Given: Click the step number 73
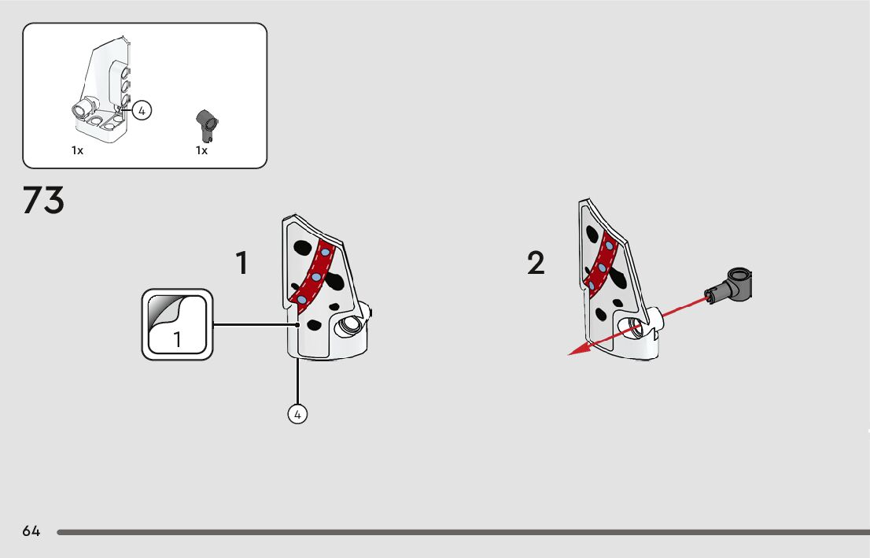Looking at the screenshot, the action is coord(43,201).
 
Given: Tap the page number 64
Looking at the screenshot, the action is coord(31,531).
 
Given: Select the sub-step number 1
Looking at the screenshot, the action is coord(242,263).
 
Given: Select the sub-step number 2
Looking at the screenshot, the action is coord(536,264).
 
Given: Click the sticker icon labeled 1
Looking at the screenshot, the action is coord(177,324).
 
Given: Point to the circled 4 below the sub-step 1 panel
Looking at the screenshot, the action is coord(297,414).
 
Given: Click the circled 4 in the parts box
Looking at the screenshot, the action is coord(141,111).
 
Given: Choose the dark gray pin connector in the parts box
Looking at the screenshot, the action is coord(206,122).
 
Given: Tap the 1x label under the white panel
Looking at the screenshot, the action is coord(77,150).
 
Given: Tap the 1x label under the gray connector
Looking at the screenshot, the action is coord(201,150).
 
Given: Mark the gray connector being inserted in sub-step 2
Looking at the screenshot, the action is coord(731,284).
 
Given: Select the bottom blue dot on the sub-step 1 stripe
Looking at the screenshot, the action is coord(302,300).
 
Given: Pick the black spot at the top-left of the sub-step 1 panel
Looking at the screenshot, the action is coord(300,247).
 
